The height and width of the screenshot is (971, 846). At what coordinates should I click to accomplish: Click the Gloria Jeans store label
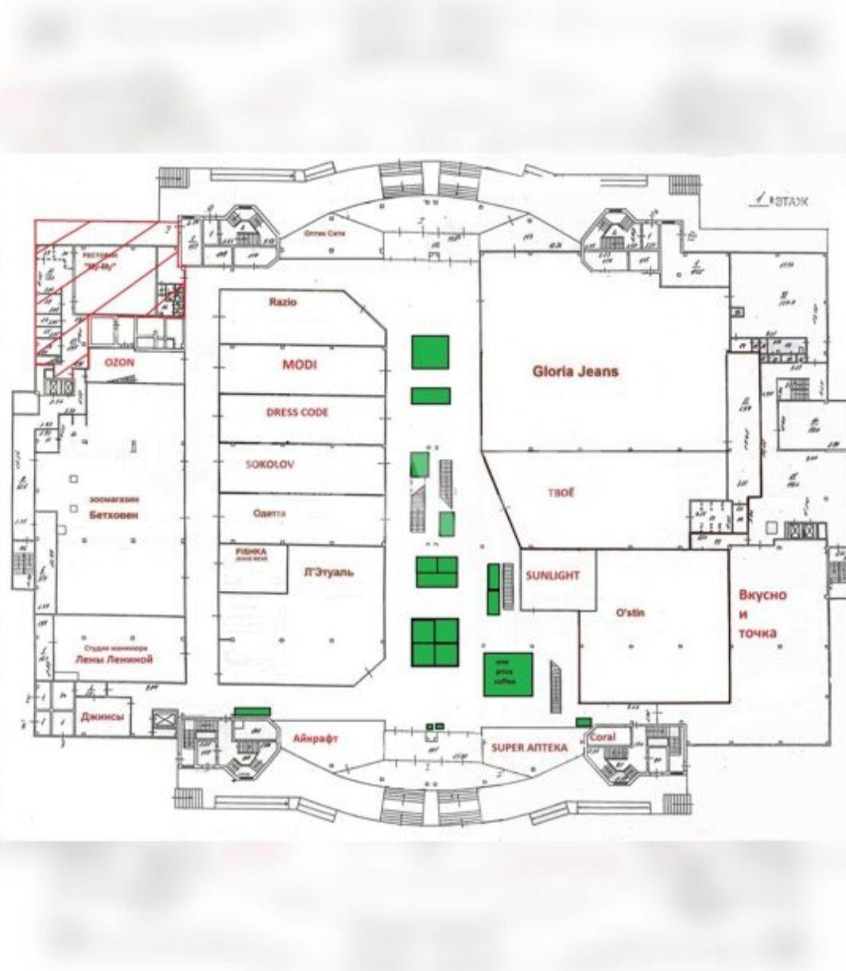point(575,371)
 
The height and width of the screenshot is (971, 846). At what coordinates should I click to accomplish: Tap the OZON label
point(120,362)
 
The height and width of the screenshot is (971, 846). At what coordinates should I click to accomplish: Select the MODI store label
point(299,365)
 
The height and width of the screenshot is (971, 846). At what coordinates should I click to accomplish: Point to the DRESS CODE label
point(297,413)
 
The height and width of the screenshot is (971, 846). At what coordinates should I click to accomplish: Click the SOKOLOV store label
point(270,464)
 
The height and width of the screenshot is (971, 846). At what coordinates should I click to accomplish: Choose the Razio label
point(282,302)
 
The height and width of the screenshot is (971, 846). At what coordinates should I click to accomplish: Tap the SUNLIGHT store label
point(553,575)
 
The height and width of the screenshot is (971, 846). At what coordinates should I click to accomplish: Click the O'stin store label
point(631,612)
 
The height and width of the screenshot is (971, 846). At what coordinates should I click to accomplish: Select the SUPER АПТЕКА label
point(529,748)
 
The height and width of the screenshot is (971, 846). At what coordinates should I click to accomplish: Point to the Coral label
point(603,737)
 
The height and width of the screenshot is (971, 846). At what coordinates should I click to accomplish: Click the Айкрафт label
point(316,739)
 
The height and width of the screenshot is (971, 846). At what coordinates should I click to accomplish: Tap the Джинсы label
point(103,717)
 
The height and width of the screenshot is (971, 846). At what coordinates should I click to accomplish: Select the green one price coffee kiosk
point(507,674)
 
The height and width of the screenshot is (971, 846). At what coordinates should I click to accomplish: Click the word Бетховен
point(114,515)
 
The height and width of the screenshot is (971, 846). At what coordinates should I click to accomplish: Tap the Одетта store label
point(270,514)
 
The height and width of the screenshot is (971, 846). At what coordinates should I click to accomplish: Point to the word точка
point(758,633)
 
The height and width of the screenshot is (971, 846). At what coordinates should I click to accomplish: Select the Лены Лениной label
point(114,659)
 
